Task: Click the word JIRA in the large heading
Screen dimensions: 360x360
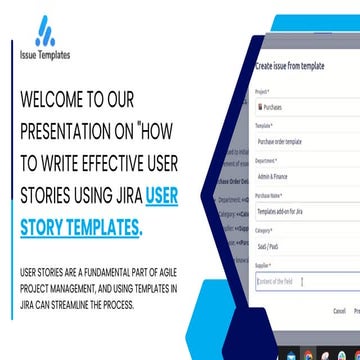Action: pyautogui.click(x=118, y=197)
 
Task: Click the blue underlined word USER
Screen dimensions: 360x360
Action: pyautogui.click(x=161, y=197)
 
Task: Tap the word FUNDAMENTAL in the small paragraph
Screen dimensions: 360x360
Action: pyautogui.click(x=100, y=271)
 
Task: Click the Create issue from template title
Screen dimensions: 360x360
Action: pyautogui.click(x=290, y=65)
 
